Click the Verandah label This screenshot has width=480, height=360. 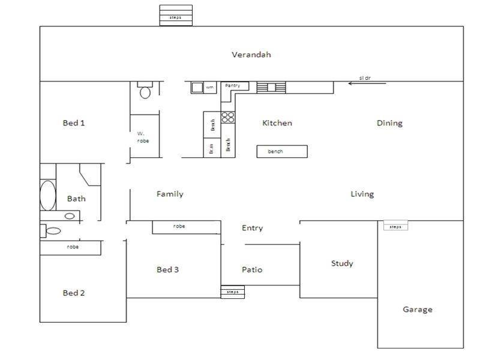(251, 55)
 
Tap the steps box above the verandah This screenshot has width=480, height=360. (176, 15)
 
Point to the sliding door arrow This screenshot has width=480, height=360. (367, 83)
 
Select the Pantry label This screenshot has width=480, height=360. (233, 86)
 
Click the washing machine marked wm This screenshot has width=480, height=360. (198, 88)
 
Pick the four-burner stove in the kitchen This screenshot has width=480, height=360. (228, 118)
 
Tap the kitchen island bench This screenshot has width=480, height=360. (282, 151)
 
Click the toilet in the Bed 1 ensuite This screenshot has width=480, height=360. (145, 91)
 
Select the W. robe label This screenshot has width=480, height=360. (143, 137)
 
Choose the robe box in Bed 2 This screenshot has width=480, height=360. (70, 247)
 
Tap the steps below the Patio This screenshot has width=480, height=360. (233, 292)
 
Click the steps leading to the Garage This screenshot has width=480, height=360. (395, 226)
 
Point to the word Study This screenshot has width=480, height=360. (342, 263)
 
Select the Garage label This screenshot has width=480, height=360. (418, 310)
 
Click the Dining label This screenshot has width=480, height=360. (389, 123)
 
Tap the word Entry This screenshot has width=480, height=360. (252, 228)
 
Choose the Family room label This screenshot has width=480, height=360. (170, 194)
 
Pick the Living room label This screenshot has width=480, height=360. (362, 194)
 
